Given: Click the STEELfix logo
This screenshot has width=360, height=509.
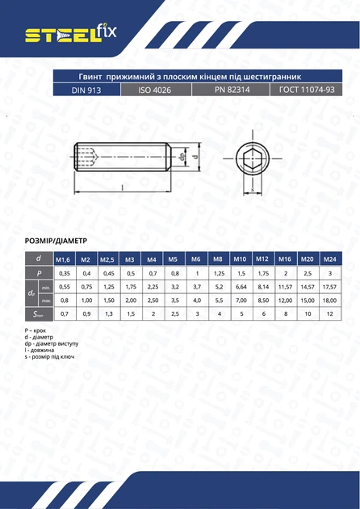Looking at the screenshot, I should coord(71,34).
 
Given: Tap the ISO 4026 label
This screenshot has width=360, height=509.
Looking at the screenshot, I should coord(157,90).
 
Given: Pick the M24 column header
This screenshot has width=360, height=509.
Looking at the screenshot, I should coord(329,259).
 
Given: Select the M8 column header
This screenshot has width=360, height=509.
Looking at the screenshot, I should coord(217,259).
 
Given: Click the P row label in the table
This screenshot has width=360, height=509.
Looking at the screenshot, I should coord(38,273).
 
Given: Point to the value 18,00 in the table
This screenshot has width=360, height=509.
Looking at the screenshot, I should coord(329,300).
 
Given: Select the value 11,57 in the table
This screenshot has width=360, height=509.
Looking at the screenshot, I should coord(284,287).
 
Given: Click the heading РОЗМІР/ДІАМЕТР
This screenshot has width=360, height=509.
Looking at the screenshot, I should coord(56,241).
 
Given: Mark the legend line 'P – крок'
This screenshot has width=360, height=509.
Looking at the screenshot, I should coord(38,332).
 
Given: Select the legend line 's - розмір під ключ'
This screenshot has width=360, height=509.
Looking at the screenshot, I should coord(53,355).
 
